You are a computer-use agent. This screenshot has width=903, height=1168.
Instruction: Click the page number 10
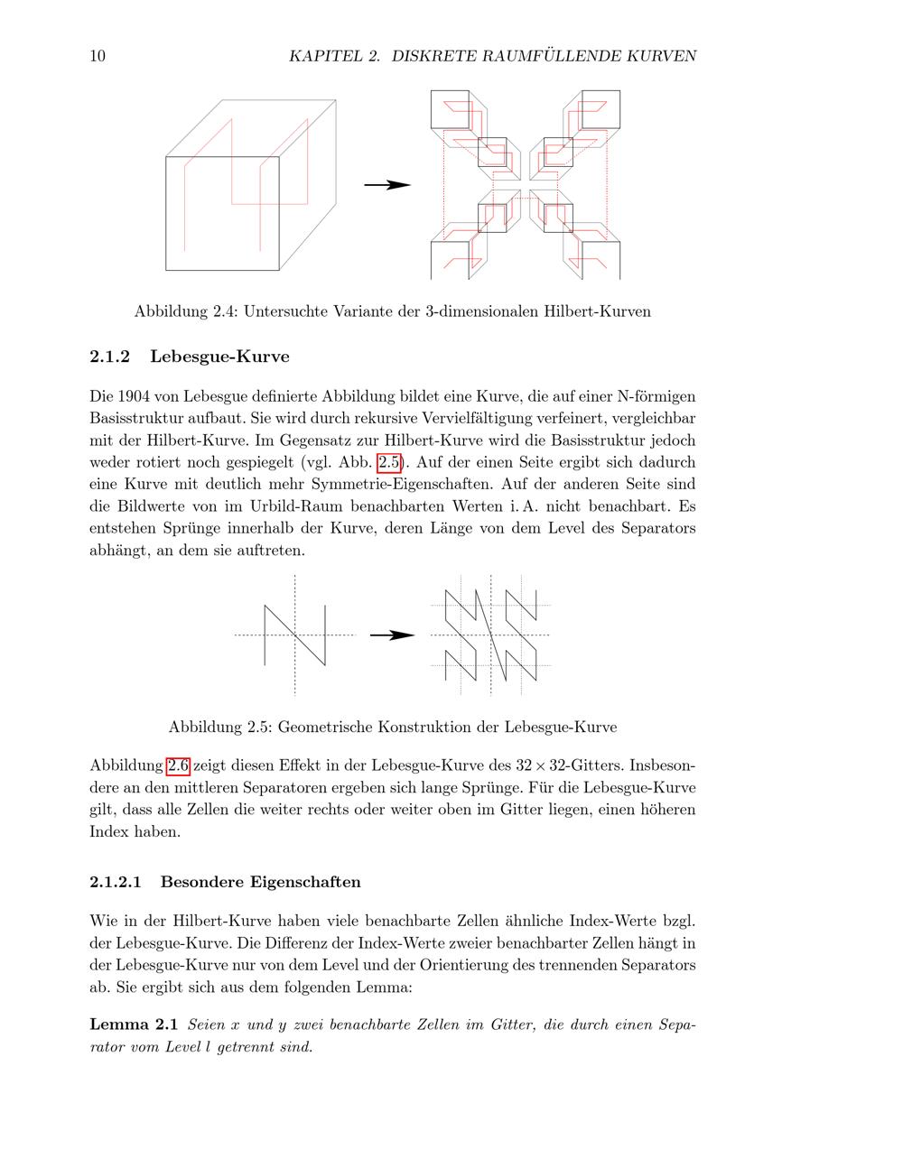tap(98, 56)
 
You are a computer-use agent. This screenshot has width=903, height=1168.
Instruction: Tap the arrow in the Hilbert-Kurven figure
tap(387, 185)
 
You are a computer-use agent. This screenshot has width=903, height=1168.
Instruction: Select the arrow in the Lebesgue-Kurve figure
tap(392, 635)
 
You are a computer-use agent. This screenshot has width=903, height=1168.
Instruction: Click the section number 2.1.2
tap(110, 357)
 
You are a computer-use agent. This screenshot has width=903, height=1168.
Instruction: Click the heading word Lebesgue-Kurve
tap(219, 357)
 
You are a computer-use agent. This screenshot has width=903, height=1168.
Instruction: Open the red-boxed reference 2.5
tap(388, 463)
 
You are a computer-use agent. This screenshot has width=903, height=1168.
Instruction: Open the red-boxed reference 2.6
tap(178, 766)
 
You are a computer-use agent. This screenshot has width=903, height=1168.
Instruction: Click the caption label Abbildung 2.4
tap(185, 311)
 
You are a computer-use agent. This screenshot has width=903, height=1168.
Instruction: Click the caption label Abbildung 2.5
tap(219, 727)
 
